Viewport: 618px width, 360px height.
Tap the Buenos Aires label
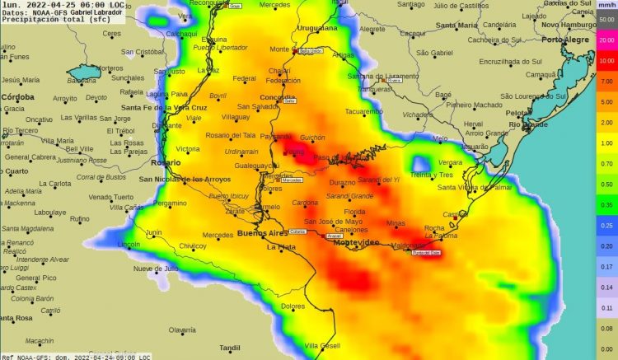point(264,233)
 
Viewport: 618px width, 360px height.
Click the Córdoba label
point(16,97)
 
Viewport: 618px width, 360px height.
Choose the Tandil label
point(230,348)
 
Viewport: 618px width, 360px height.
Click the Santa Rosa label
point(16,317)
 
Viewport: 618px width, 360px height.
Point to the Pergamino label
point(170,203)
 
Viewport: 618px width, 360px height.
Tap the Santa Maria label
point(456,25)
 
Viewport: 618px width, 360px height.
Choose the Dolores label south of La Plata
point(293,306)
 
